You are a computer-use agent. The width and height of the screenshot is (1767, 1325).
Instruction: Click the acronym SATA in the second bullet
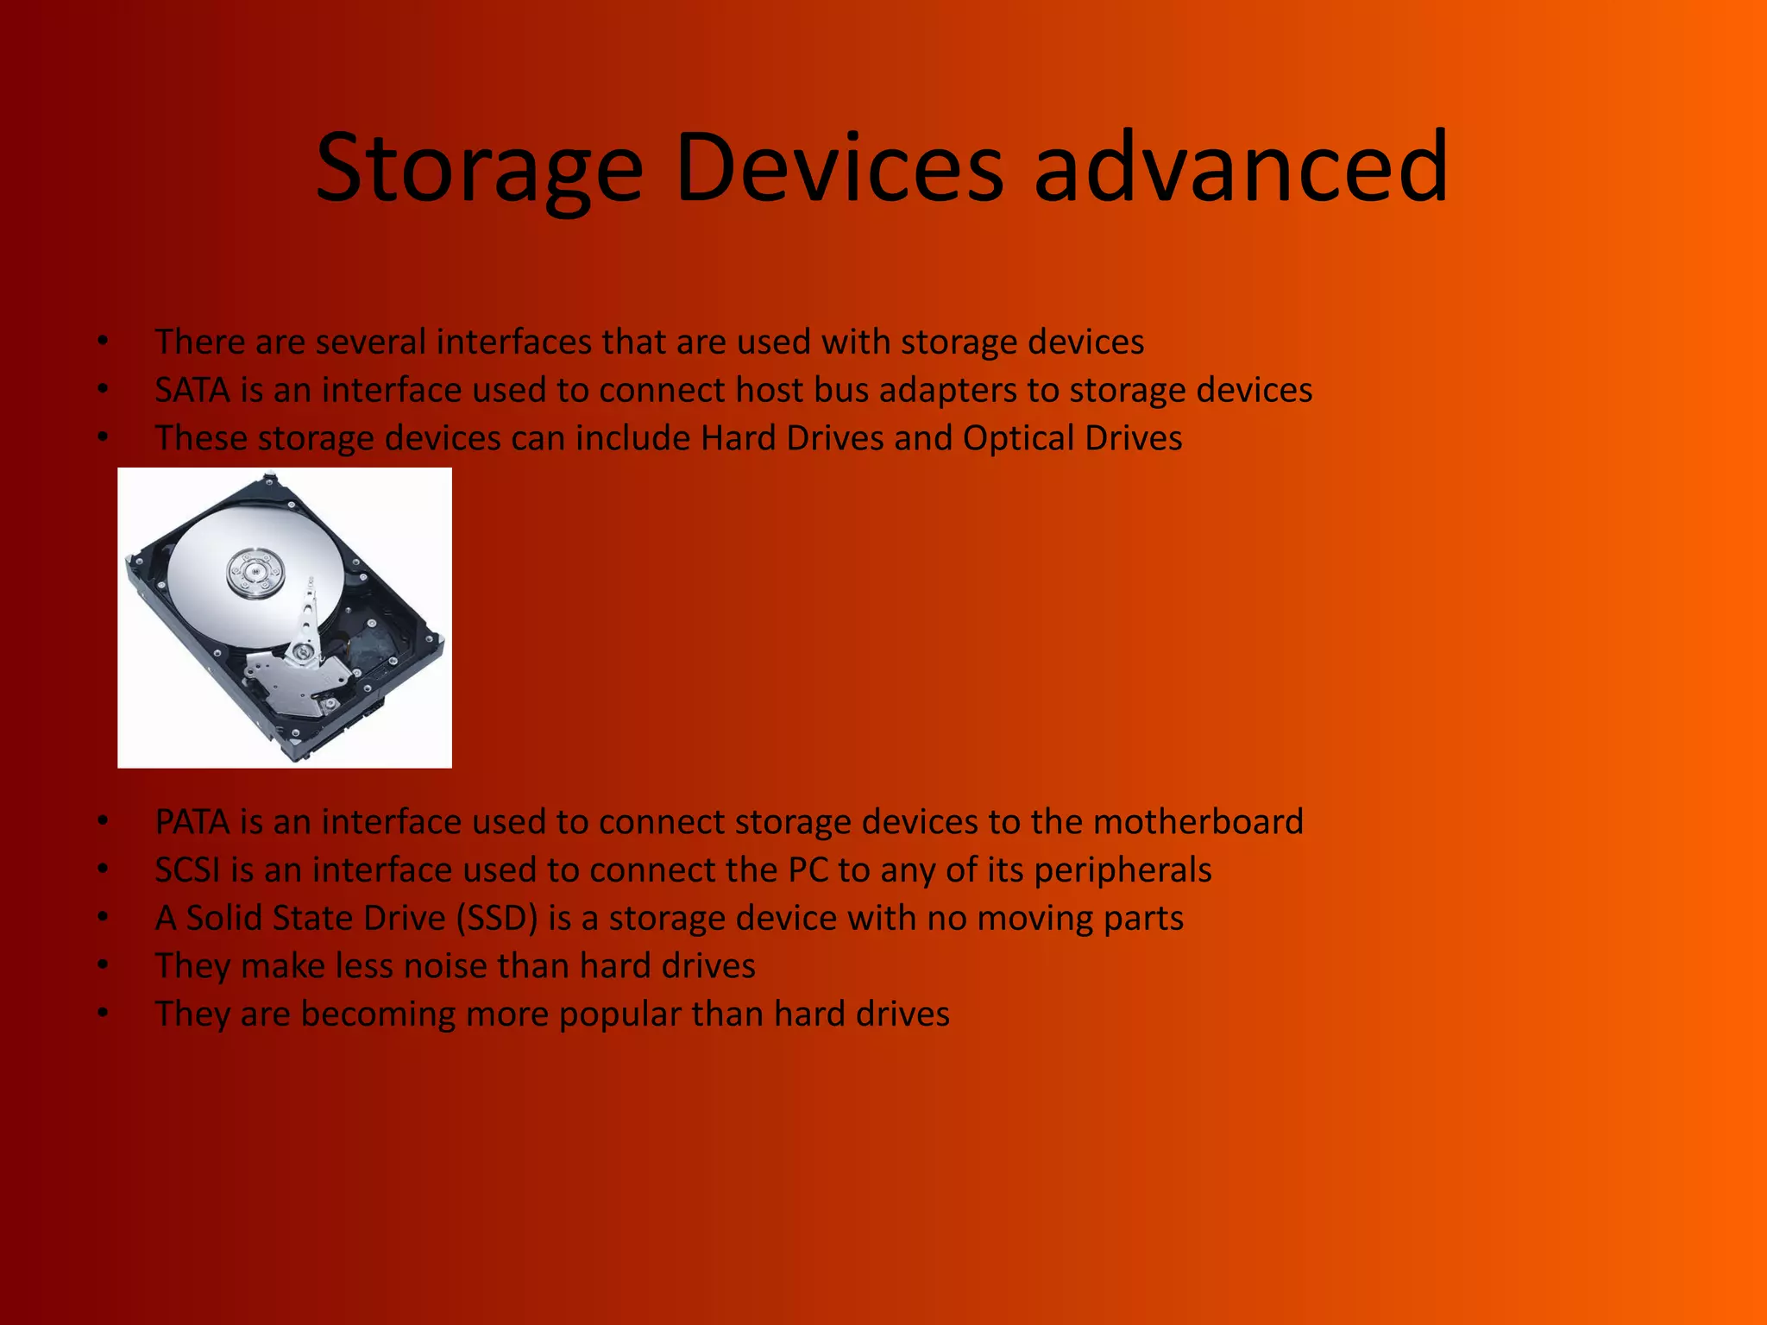coord(192,391)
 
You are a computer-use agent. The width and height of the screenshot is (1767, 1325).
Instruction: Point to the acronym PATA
coord(192,822)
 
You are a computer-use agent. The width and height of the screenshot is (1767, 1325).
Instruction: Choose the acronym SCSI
coord(187,870)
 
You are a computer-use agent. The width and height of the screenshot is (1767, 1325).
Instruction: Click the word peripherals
coord(1122,870)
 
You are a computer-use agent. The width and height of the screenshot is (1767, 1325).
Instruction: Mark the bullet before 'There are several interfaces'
coord(103,341)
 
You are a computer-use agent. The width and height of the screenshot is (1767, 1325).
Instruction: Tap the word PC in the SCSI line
coord(808,870)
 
